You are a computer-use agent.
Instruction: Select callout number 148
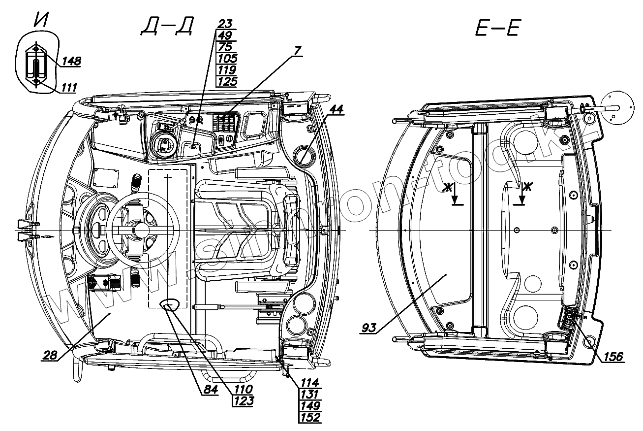pyautogui.click(x=71, y=61)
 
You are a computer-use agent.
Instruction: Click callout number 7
pyautogui.click(x=298, y=50)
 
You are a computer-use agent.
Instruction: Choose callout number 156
pyautogui.click(x=613, y=356)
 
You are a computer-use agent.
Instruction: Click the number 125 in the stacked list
pyautogui.click(x=226, y=81)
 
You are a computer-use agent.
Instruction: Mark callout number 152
pyautogui.click(x=310, y=417)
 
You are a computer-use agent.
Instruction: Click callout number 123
pyautogui.click(x=244, y=400)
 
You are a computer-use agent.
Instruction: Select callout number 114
pyautogui.click(x=310, y=382)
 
